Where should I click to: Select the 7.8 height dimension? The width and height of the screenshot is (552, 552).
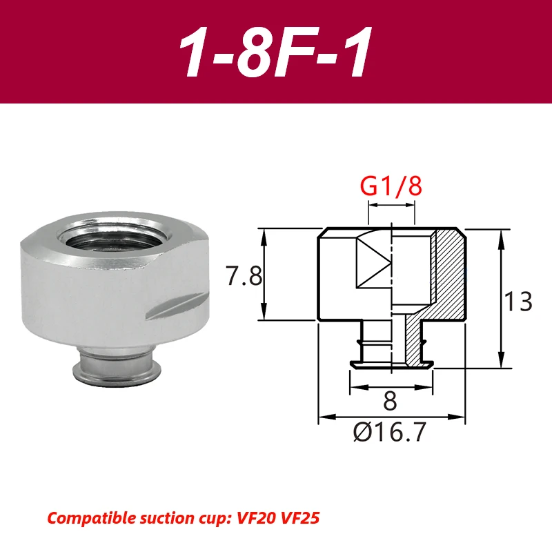pos(244,277)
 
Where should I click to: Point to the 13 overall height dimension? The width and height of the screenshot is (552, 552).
pos(517,302)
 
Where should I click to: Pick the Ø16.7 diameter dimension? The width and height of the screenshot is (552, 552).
pos(390,433)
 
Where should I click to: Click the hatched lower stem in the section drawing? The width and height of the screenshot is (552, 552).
pos(414,345)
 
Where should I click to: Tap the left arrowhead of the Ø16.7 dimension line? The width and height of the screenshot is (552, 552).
pos(322,417)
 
